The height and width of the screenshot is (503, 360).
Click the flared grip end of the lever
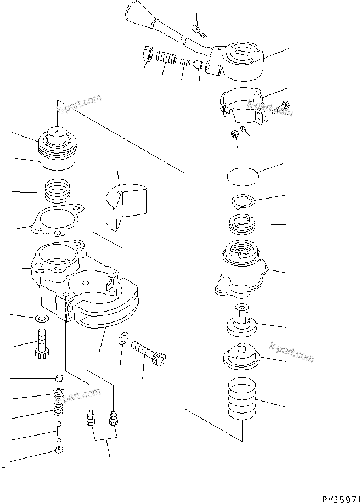point(137,12)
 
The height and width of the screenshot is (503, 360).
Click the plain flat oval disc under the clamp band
point(242,177)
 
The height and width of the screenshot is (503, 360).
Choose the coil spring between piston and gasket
point(58,192)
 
